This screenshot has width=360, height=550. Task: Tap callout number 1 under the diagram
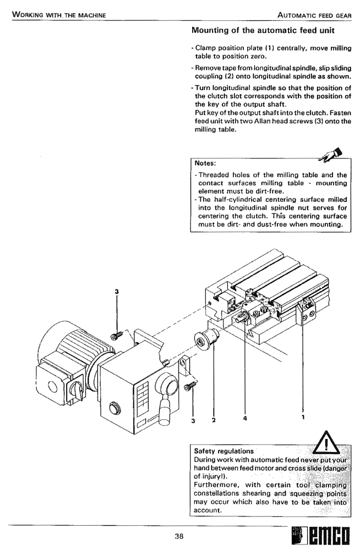(x=303, y=417)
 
